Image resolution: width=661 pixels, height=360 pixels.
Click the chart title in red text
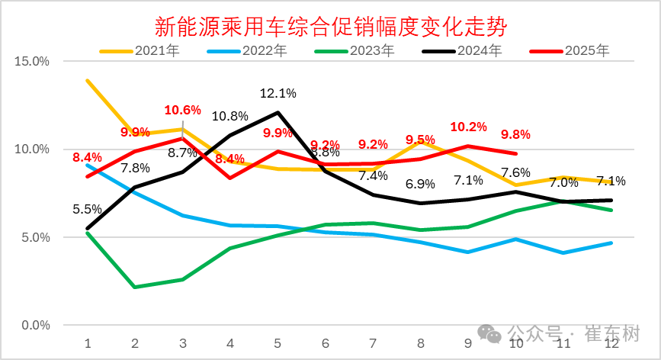pos(331,27)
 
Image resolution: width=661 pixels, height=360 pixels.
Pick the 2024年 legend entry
pos(462,51)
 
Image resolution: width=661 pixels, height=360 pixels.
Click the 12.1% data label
pos(278,93)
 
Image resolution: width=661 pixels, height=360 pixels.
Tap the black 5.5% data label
pos(87,207)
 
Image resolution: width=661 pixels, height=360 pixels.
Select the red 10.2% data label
pos(468,127)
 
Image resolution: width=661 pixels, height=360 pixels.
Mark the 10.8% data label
pos(229,116)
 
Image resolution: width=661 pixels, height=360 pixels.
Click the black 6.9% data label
pos(420,184)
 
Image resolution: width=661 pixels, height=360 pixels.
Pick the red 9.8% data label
pos(515,134)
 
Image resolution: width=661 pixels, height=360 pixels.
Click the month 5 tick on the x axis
pos(278,343)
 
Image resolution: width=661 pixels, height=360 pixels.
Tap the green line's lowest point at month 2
pos(135,288)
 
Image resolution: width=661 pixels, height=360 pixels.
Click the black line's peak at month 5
pos(278,112)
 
